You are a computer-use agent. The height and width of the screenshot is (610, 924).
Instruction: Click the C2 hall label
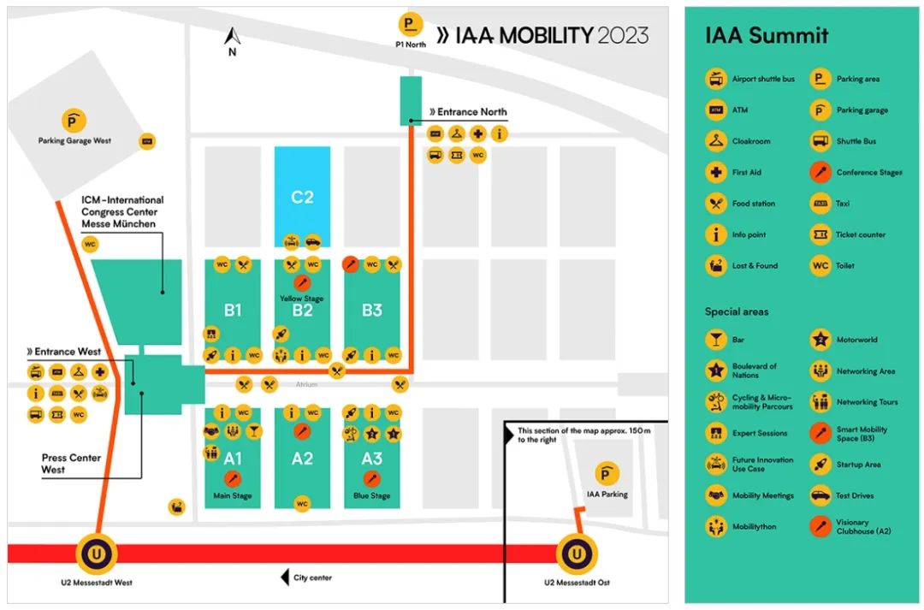[x=302, y=198]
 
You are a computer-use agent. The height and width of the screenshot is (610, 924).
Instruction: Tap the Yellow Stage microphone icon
[x=301, y=282]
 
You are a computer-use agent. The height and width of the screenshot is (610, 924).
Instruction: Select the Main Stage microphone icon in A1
[x=233, y=479]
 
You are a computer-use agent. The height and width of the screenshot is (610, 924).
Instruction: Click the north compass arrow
[x=232, y=37]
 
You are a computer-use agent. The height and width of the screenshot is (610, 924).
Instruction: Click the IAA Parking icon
[x=607, y=474]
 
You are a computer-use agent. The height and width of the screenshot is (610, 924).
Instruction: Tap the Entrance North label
[x=468, y=112]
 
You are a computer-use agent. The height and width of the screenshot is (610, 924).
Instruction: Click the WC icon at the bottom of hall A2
[x=301, y=504]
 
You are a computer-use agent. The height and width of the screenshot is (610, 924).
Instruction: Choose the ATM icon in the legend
[x=715, y=110]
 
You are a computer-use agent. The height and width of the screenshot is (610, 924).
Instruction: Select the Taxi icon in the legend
[x=820, y=204]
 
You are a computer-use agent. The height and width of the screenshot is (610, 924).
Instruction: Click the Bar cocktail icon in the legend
[x=715, y=341]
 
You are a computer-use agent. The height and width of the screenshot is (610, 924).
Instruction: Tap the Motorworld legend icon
[x=820, y=341]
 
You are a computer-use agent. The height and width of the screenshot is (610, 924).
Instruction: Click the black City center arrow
[x=285, y=578]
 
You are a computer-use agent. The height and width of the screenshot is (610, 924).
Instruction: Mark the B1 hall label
[x=233, y=310]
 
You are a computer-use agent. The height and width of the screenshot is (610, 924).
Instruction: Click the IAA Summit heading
[x=767, y=36]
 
